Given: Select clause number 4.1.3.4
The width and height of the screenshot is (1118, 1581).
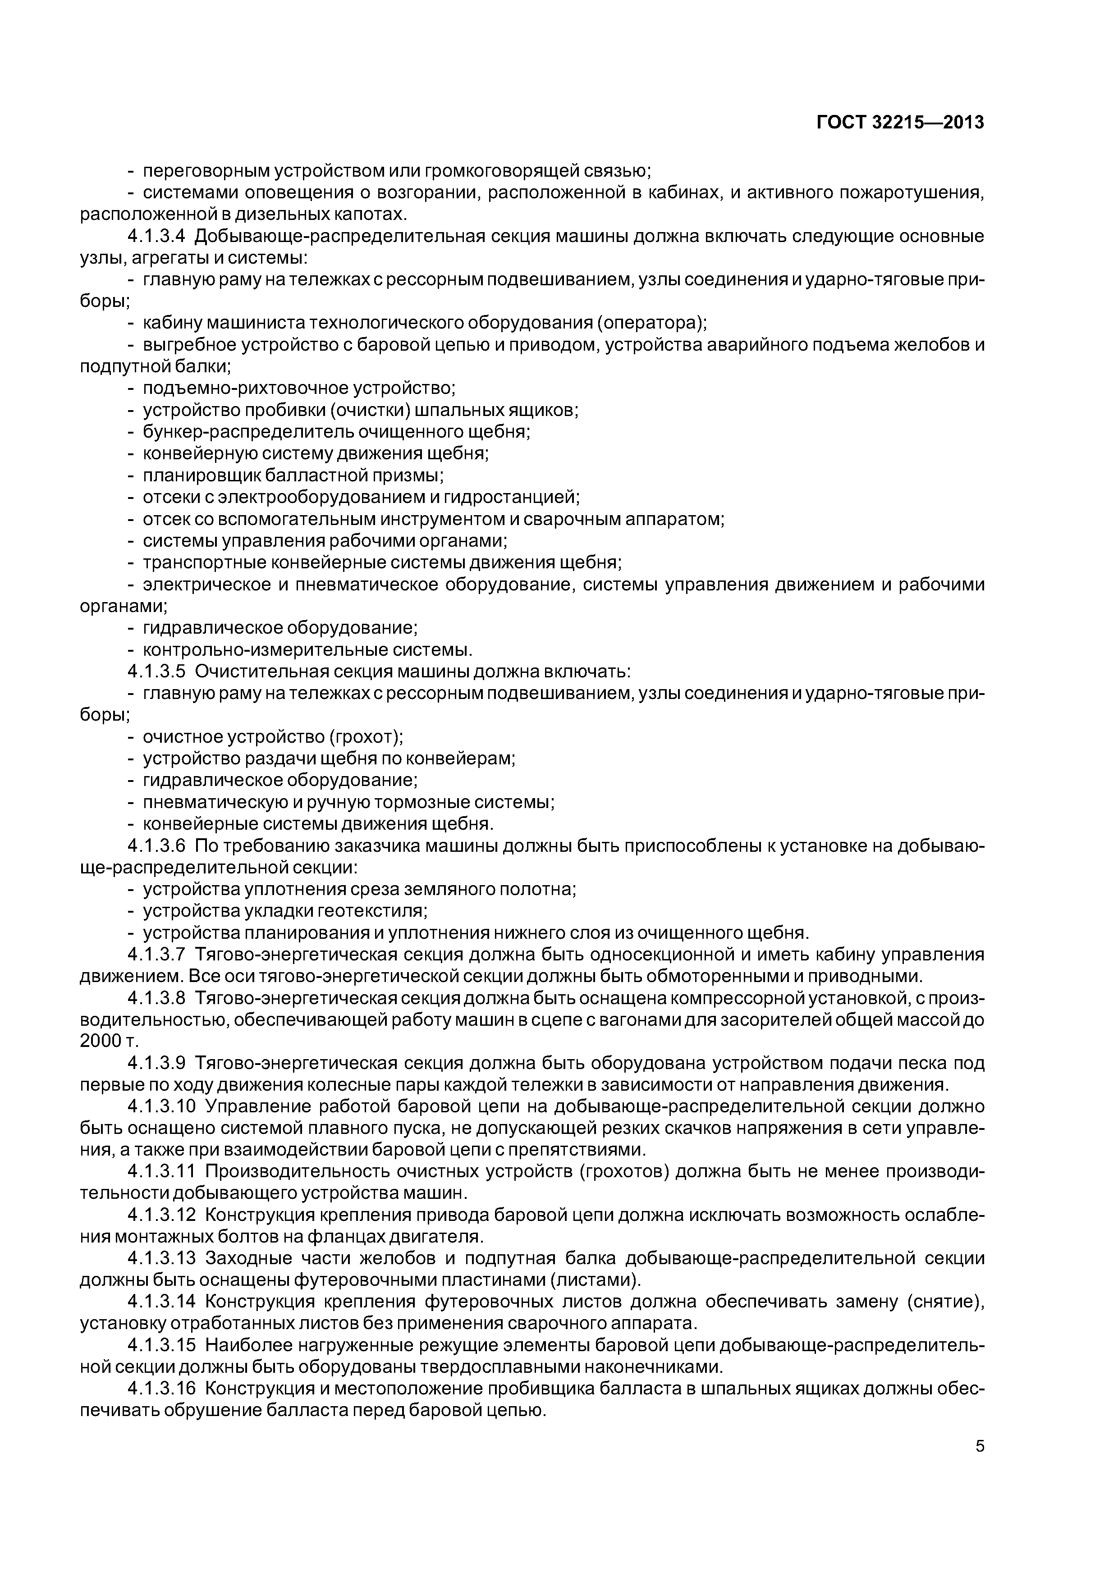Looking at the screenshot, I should pos(156,236).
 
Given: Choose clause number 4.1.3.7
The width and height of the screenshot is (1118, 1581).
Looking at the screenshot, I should pos(156,955).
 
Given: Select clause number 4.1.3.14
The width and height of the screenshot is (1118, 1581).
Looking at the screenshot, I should pos(162,1302).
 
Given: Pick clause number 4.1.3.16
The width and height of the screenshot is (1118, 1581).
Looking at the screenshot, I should pos(162,1389).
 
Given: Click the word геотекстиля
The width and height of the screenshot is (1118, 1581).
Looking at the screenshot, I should pos(372,911).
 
